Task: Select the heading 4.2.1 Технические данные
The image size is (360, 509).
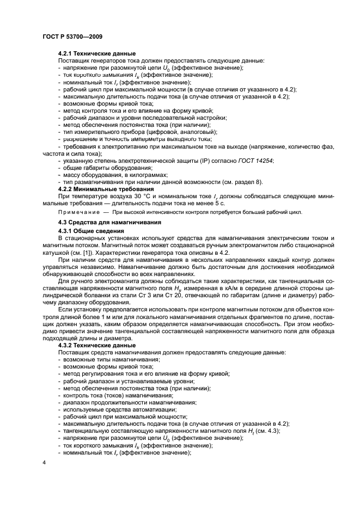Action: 96,53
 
